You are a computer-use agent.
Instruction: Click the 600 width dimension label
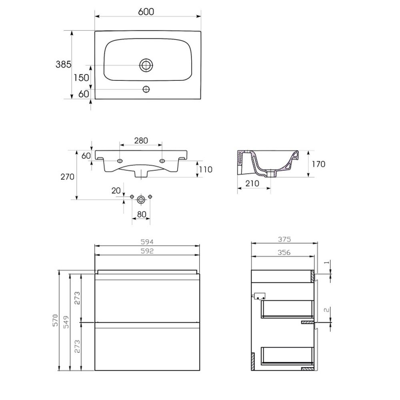[x=146, y=12]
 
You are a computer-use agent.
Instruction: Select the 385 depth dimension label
[x=64, y=64]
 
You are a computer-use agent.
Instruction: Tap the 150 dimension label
[x=81, y=78]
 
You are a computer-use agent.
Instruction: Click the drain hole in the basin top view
[x=146, y=65]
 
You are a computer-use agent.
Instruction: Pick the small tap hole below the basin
[x=146, y=89]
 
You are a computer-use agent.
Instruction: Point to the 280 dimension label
[x=141, y=140]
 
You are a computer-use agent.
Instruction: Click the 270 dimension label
[x=67, y=176]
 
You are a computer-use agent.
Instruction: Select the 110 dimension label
[x=206, y=169]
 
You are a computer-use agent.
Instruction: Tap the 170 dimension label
[x=318, y=164]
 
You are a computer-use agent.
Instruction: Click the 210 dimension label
[x=252, y=184]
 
